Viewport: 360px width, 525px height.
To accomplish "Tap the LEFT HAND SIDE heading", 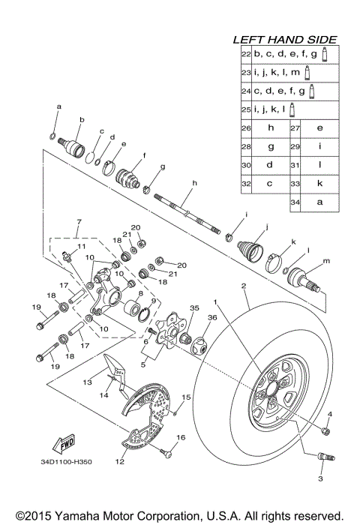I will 284,40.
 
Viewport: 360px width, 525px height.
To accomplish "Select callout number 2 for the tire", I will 244,286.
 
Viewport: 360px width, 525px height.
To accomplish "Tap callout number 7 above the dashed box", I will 76,223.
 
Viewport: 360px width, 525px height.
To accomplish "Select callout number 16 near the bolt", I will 180,437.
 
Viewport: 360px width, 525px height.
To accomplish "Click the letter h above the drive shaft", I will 193,183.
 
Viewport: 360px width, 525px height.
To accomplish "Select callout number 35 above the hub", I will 195,308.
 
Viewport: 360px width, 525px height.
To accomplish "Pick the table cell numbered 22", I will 245,55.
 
